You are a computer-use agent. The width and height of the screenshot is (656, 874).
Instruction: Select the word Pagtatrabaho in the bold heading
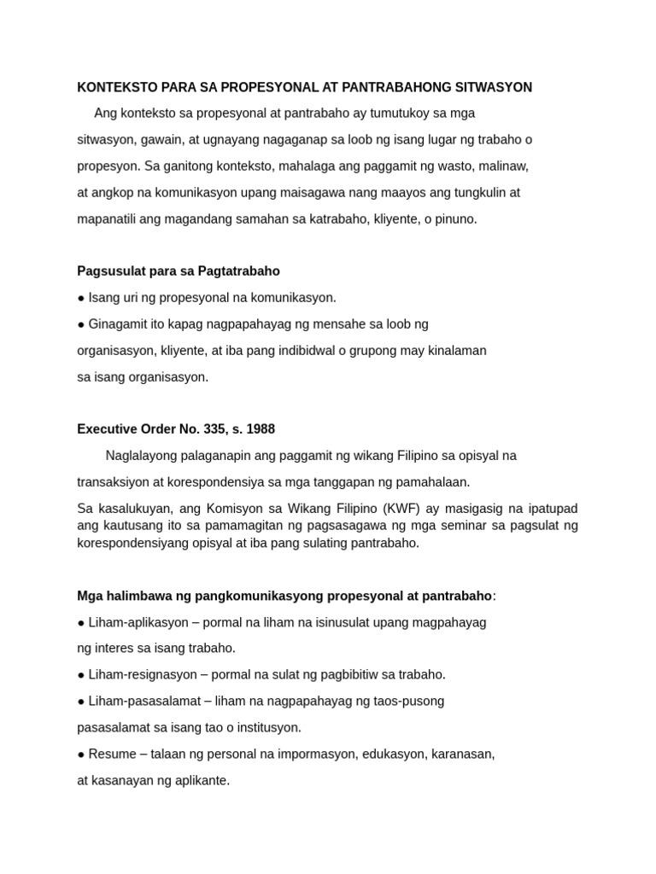[x=240, y=271]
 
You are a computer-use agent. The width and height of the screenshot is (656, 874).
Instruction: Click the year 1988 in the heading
[x=261, y=429]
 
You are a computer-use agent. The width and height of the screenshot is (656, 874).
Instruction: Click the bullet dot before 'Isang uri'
[x=81, y=298]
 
